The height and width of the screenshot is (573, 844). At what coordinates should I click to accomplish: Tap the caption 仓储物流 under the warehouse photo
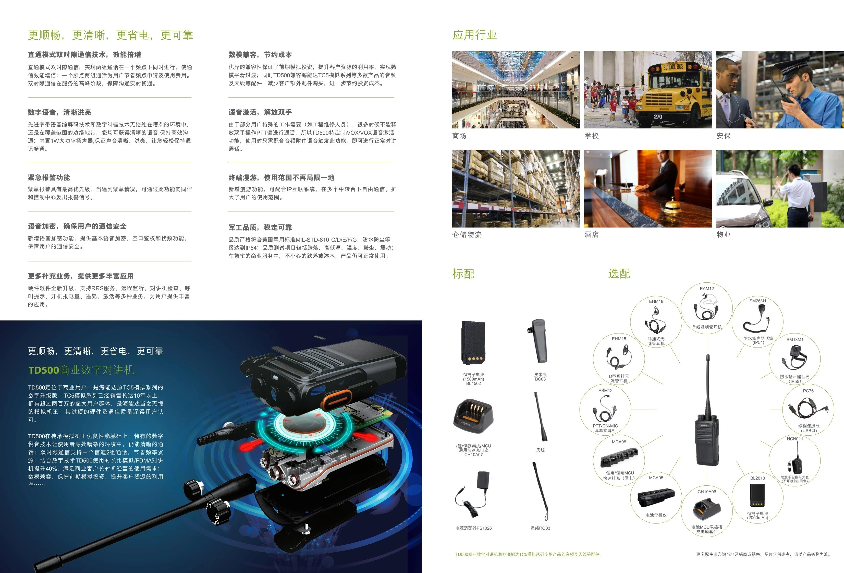tap(467, 235)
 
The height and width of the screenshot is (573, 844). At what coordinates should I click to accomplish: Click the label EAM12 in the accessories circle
tap(707, 289)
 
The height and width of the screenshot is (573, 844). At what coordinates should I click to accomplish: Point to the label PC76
tap(808, 391)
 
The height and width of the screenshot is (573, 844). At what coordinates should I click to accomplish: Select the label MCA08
tap(619, 442)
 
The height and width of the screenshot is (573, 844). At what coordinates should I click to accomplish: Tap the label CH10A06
tap(707, 492)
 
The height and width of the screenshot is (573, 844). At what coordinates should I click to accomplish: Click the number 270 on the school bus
tap(658, 117)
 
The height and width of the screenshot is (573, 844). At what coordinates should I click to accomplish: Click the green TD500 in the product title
tap(44, 370)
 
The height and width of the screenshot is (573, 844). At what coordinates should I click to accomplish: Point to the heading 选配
tap(619, 273)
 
